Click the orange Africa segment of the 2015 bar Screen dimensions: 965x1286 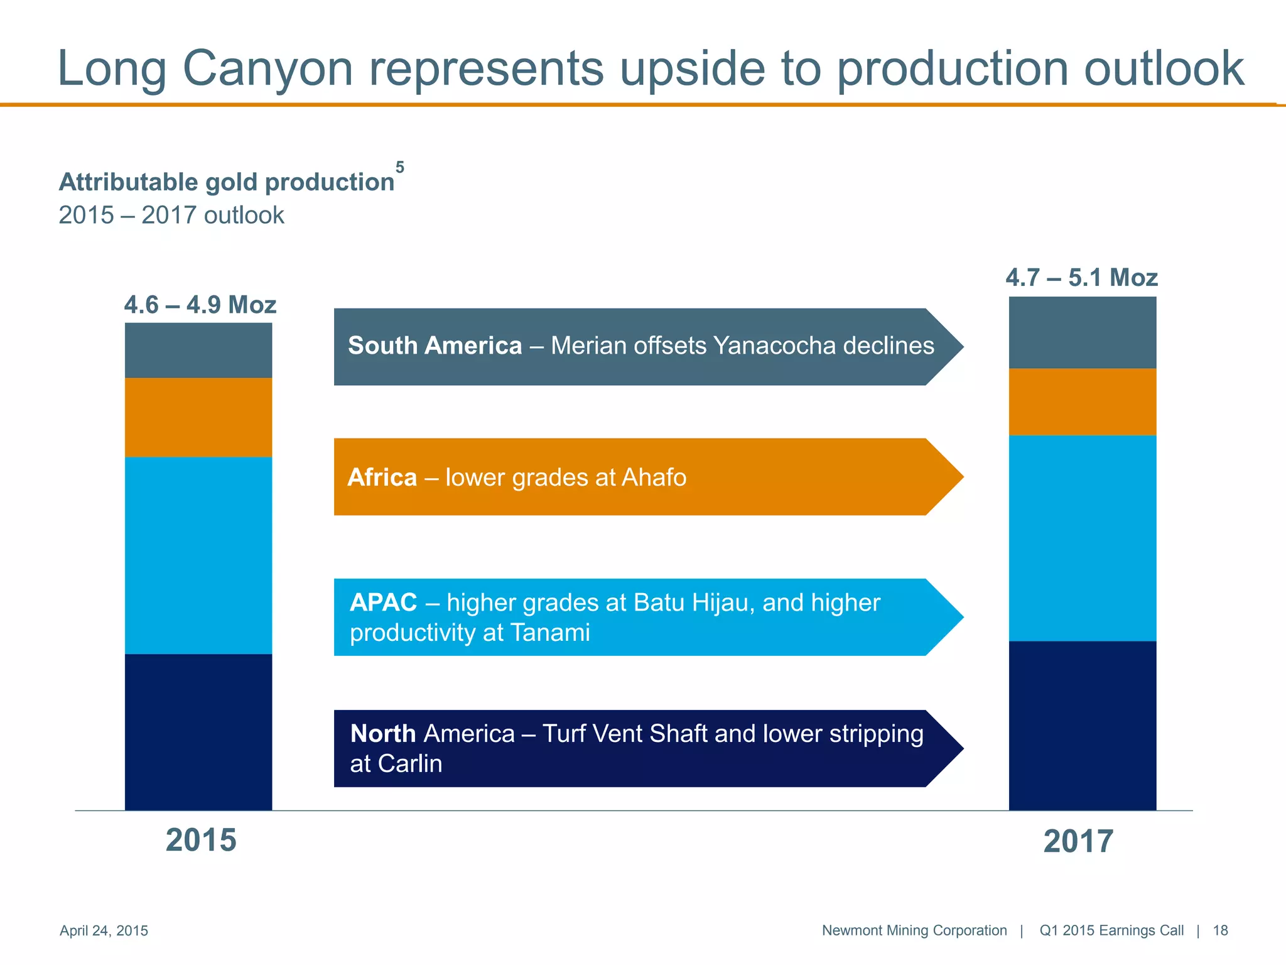coord(198,417)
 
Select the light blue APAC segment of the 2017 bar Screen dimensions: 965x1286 coord(1082,538)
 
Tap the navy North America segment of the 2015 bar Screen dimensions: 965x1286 coord(198,732)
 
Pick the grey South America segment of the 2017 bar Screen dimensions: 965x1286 coord(1082,332)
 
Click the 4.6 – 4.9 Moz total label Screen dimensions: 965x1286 coord(200,305)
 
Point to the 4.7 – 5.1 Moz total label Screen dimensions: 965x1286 coord(1081,278)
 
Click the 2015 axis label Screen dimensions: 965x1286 coord(201,841)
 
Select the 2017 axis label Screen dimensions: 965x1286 coord(1078,842)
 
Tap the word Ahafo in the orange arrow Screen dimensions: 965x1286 coord(654,478)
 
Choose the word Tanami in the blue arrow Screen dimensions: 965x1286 coord(550,633)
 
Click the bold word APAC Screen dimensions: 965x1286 coord(383,602)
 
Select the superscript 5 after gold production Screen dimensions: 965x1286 coord(400,168)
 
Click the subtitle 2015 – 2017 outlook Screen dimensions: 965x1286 coord(171,215)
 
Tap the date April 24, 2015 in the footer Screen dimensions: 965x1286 coord(104,930)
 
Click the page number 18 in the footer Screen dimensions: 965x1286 coord(1220,930)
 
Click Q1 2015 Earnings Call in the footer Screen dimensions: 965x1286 coord(1111,930)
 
